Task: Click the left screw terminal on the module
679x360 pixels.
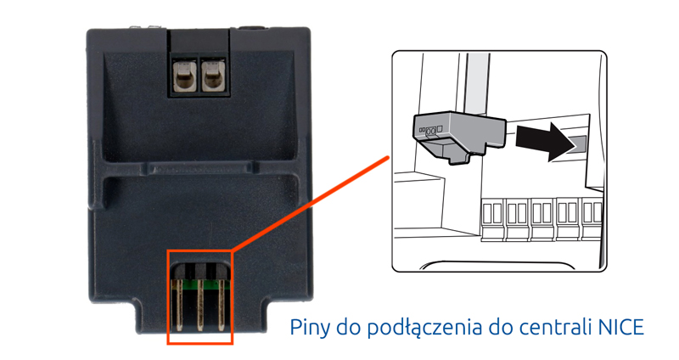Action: click(x=185, y=76)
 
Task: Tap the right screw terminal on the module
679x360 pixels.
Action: click(x=214, y=76)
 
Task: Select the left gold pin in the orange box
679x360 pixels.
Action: click(x=178, y=305)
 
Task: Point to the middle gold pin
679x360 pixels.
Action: click(x=200, y=305)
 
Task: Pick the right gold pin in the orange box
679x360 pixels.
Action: click(x=222, y=305)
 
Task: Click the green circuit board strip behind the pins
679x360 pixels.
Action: click(x=199, y=284)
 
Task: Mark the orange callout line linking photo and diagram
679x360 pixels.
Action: click(x=311, y=204)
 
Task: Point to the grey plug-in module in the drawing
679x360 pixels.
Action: click(x=458, y=135)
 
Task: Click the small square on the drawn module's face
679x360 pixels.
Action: click(x=440, y=129)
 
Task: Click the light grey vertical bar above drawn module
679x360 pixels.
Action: click(x=476, y=83)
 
